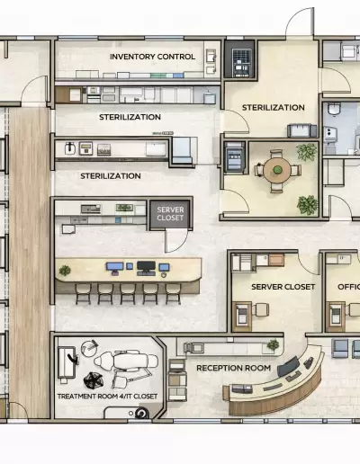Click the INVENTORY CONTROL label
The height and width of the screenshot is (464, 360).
(x=152, y=57)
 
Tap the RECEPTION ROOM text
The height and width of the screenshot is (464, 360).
(x=233, y=368)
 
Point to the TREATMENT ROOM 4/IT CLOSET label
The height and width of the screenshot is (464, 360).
(x=107, y=397)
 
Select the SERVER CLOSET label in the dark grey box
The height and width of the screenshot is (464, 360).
(x=170, y=214)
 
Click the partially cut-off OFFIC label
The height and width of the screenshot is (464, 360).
(x=348, y=287)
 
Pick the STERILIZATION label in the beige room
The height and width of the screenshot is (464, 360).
(x=274, y=108)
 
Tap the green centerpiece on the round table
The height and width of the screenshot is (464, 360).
(x=278, y=170)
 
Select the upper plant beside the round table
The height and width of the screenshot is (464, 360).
(x=307, y=152)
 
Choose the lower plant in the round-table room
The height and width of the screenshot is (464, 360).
(x=307, y=205)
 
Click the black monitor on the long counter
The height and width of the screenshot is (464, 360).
(x=146, y=267)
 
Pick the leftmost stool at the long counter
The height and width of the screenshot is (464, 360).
(x=83, y=294)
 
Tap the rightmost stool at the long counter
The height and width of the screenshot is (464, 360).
(x=173, y=294)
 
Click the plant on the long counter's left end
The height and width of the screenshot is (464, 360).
(x=65, y=271)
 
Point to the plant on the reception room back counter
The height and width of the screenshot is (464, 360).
(x=273, y=344)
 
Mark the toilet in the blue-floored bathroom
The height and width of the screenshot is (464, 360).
(x=334, y=109)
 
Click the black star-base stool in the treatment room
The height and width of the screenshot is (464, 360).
(x=94, y=380)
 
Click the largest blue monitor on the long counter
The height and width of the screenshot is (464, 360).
(x=114, y=267)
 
